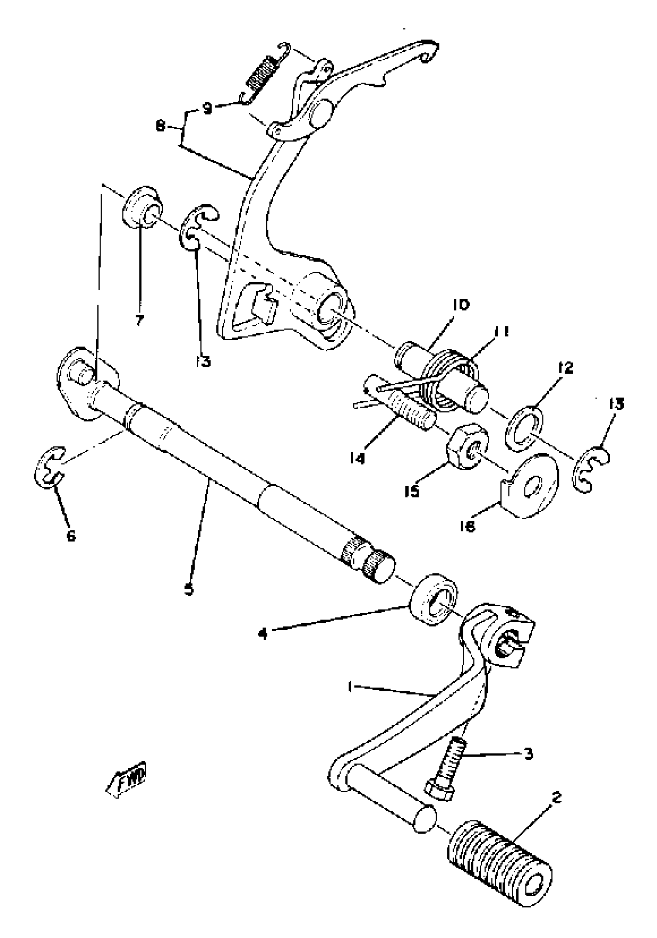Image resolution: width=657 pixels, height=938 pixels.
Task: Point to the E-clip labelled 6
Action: click(x=50, y=466)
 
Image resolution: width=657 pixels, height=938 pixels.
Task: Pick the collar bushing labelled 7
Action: click(x=142, y=208)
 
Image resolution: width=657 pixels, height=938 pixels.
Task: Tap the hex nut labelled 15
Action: click(x=466, y=446)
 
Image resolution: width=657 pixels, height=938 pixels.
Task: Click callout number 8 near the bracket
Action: click(x=161, y=127)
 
